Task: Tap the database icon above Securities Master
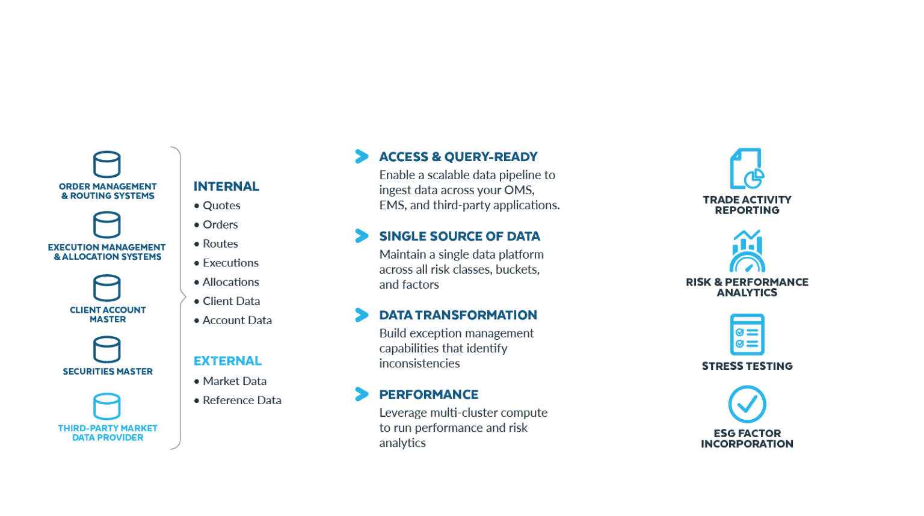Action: (107, 349)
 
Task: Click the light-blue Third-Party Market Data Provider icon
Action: (107, 407)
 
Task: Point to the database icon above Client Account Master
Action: (107, 288)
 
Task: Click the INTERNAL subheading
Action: (226, 186)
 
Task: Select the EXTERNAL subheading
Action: (227, 361)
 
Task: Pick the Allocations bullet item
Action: (230, 282)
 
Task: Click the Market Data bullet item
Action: (234, 381)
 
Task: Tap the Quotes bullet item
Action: (221, 206)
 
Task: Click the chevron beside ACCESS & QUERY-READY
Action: (362, 156)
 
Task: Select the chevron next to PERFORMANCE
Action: (362, 394)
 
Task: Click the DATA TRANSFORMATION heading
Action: (458, 315)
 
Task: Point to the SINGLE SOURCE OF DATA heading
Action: (460, 236)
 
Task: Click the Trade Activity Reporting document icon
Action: (747, 168)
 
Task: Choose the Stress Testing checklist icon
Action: (747, 334)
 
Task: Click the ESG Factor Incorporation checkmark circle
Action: (747, 404)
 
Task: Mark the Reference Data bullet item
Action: (242, 401)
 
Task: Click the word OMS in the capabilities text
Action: (520, 190)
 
